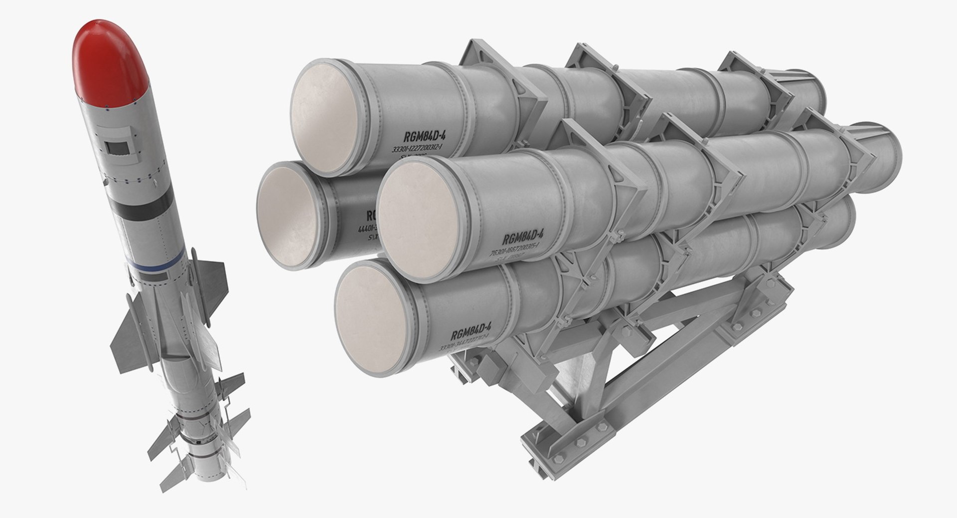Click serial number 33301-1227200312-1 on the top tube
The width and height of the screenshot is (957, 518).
point(418,149)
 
